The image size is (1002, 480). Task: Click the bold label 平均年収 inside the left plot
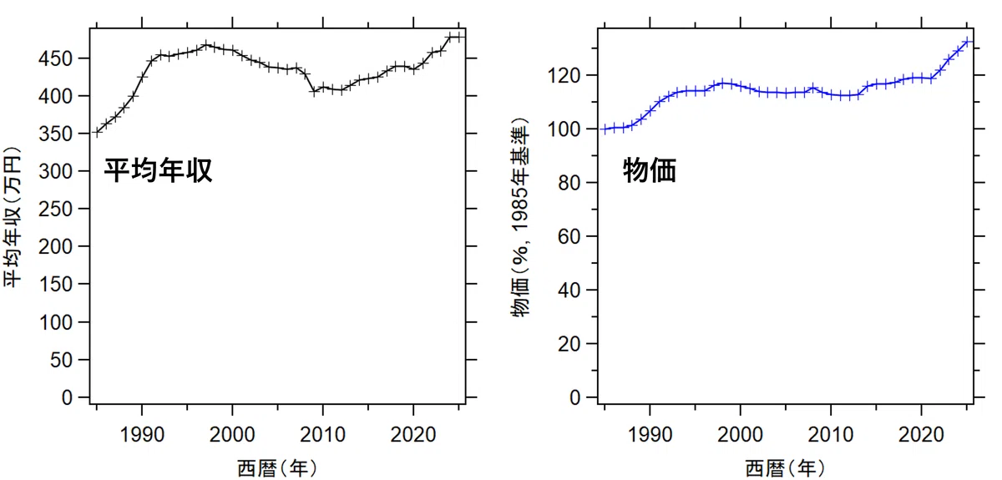click(x=158, y=170)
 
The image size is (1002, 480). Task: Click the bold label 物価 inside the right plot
click(x=650, y=170)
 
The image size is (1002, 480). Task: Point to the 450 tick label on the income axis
click(x=55, y=58)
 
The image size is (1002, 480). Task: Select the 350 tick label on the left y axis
click(x=55, y=134)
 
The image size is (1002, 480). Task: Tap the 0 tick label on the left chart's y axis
click(x=67, y=397)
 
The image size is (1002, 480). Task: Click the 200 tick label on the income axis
click(x=55, y=246)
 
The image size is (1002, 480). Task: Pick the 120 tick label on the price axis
click(x=564, y=76)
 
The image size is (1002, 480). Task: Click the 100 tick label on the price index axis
click(x=564, y=129)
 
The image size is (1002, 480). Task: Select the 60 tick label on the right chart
click(x=569, y=236)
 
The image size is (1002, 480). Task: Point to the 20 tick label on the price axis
click(x=569, y=344)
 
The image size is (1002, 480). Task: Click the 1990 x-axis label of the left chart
click(x=142, y=434)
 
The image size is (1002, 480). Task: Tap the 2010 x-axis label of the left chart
click(x=322, y=434)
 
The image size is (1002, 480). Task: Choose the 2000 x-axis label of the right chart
click(x=741, y=434)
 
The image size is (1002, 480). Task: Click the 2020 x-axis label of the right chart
click(x=921, y=434)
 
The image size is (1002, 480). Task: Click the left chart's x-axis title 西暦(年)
click(x=277, y=468)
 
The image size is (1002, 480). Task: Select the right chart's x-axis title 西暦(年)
click(x=786, y=468)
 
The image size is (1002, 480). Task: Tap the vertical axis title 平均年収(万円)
click(x=13, y=217)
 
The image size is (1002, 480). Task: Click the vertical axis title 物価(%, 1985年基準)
click(x=520, y=218)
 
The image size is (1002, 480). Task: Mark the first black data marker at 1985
click(x=97, y=132)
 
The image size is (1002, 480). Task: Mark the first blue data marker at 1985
click(x=605, y=129)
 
